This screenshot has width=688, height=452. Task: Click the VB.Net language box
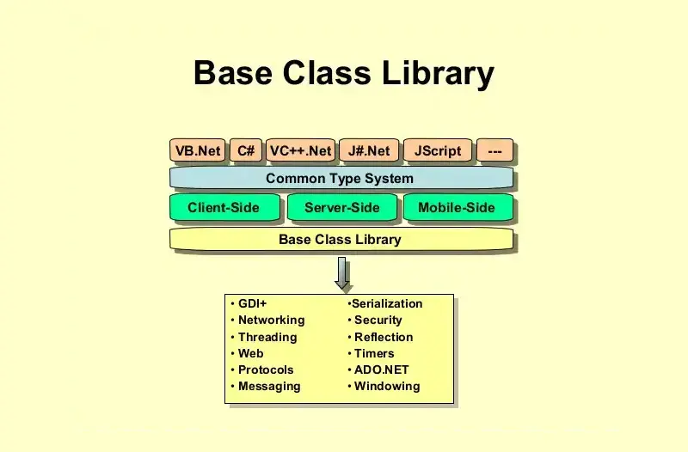[198, 151]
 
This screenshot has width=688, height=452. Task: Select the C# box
[246, 151]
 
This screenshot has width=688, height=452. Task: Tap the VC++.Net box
[300, 151]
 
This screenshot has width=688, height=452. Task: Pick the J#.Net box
[369, 151]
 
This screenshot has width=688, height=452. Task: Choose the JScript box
[438, 151]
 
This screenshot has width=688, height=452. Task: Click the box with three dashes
[494, 151]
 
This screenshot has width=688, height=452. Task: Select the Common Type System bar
[341, 179]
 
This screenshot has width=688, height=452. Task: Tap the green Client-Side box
[224, 207]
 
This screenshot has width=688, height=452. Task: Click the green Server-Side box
[341, 207]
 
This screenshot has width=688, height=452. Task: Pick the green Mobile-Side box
[457, 207]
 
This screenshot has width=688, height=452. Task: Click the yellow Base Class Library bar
[341, 239]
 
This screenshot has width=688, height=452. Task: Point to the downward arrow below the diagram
[342, 273]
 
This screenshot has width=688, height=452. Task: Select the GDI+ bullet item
[253, 303]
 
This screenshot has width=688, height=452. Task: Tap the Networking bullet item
[271, 320]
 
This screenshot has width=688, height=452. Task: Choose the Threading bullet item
[267, 337]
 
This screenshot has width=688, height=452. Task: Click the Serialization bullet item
[387, 303]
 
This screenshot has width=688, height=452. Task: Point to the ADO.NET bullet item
[381, 370]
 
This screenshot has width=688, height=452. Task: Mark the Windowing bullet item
[387, 386]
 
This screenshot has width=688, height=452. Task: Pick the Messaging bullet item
[269, 386]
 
